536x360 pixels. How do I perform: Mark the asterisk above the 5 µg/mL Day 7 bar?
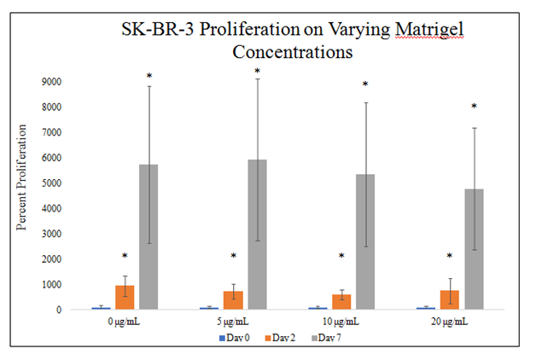click(x=257, y=71)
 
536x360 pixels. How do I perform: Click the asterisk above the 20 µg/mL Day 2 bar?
click(x=450, y=256)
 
